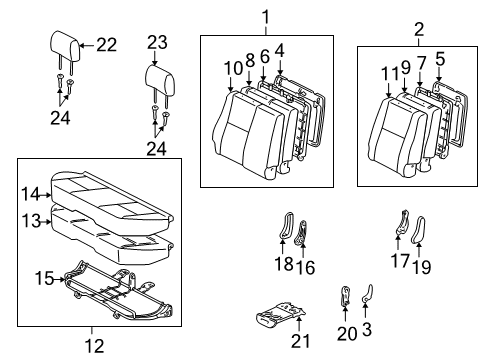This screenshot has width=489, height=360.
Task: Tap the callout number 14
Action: (x=31, y=194)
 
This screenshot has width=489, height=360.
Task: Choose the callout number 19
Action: (x=419, y=265)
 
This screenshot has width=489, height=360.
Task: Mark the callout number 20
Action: (x=346, y=332)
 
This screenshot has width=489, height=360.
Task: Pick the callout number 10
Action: (x=232, y=67)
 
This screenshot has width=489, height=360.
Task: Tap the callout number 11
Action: (x=388, y=72)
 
